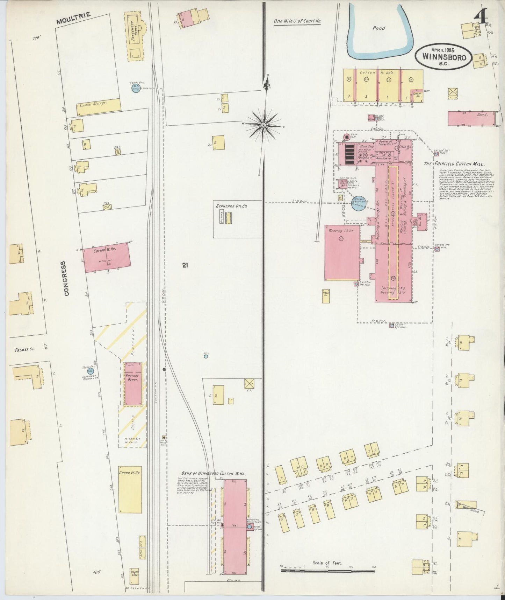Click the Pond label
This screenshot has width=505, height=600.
coord(378,28)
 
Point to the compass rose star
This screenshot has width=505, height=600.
coord(264,124)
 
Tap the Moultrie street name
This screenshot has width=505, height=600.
coord(74,19)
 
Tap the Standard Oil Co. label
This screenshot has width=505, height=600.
coord(231,206)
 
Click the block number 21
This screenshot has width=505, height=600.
coord(185,266)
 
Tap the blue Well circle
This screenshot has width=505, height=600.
coord(206,356)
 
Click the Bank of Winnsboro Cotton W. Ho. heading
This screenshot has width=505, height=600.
coord(213,473)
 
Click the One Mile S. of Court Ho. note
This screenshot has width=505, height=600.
coord(297,21)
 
